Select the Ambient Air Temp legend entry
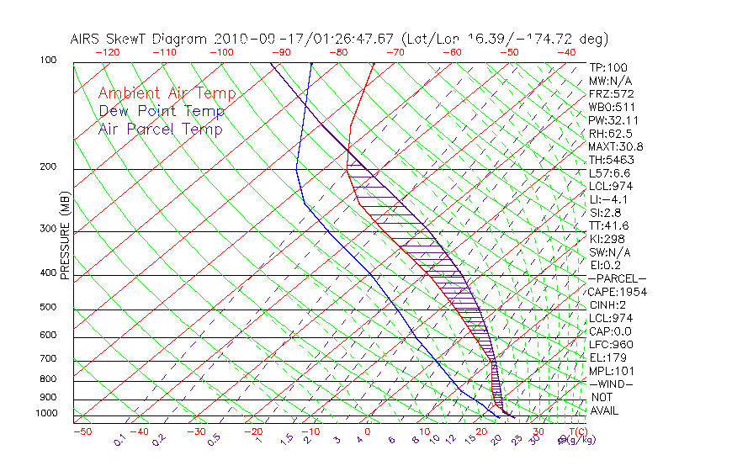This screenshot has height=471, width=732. click(x=167, y=94)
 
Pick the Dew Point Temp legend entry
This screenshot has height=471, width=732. click(x=161, y=112)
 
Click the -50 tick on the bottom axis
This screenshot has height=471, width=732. click(x=82, y=432)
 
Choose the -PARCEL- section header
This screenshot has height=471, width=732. click(x=617, y=278)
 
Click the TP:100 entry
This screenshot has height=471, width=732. click(x=607, y=67)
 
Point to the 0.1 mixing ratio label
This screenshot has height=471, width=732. click(x=119, y=440)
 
